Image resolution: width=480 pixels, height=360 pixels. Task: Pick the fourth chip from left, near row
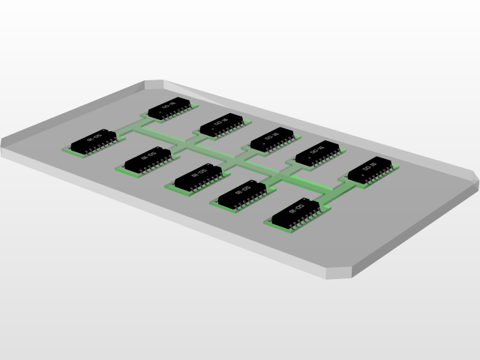point(242,194)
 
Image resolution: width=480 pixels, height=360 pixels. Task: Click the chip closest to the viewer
point(298,213)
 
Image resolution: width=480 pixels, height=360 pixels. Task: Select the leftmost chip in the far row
point(172,108)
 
